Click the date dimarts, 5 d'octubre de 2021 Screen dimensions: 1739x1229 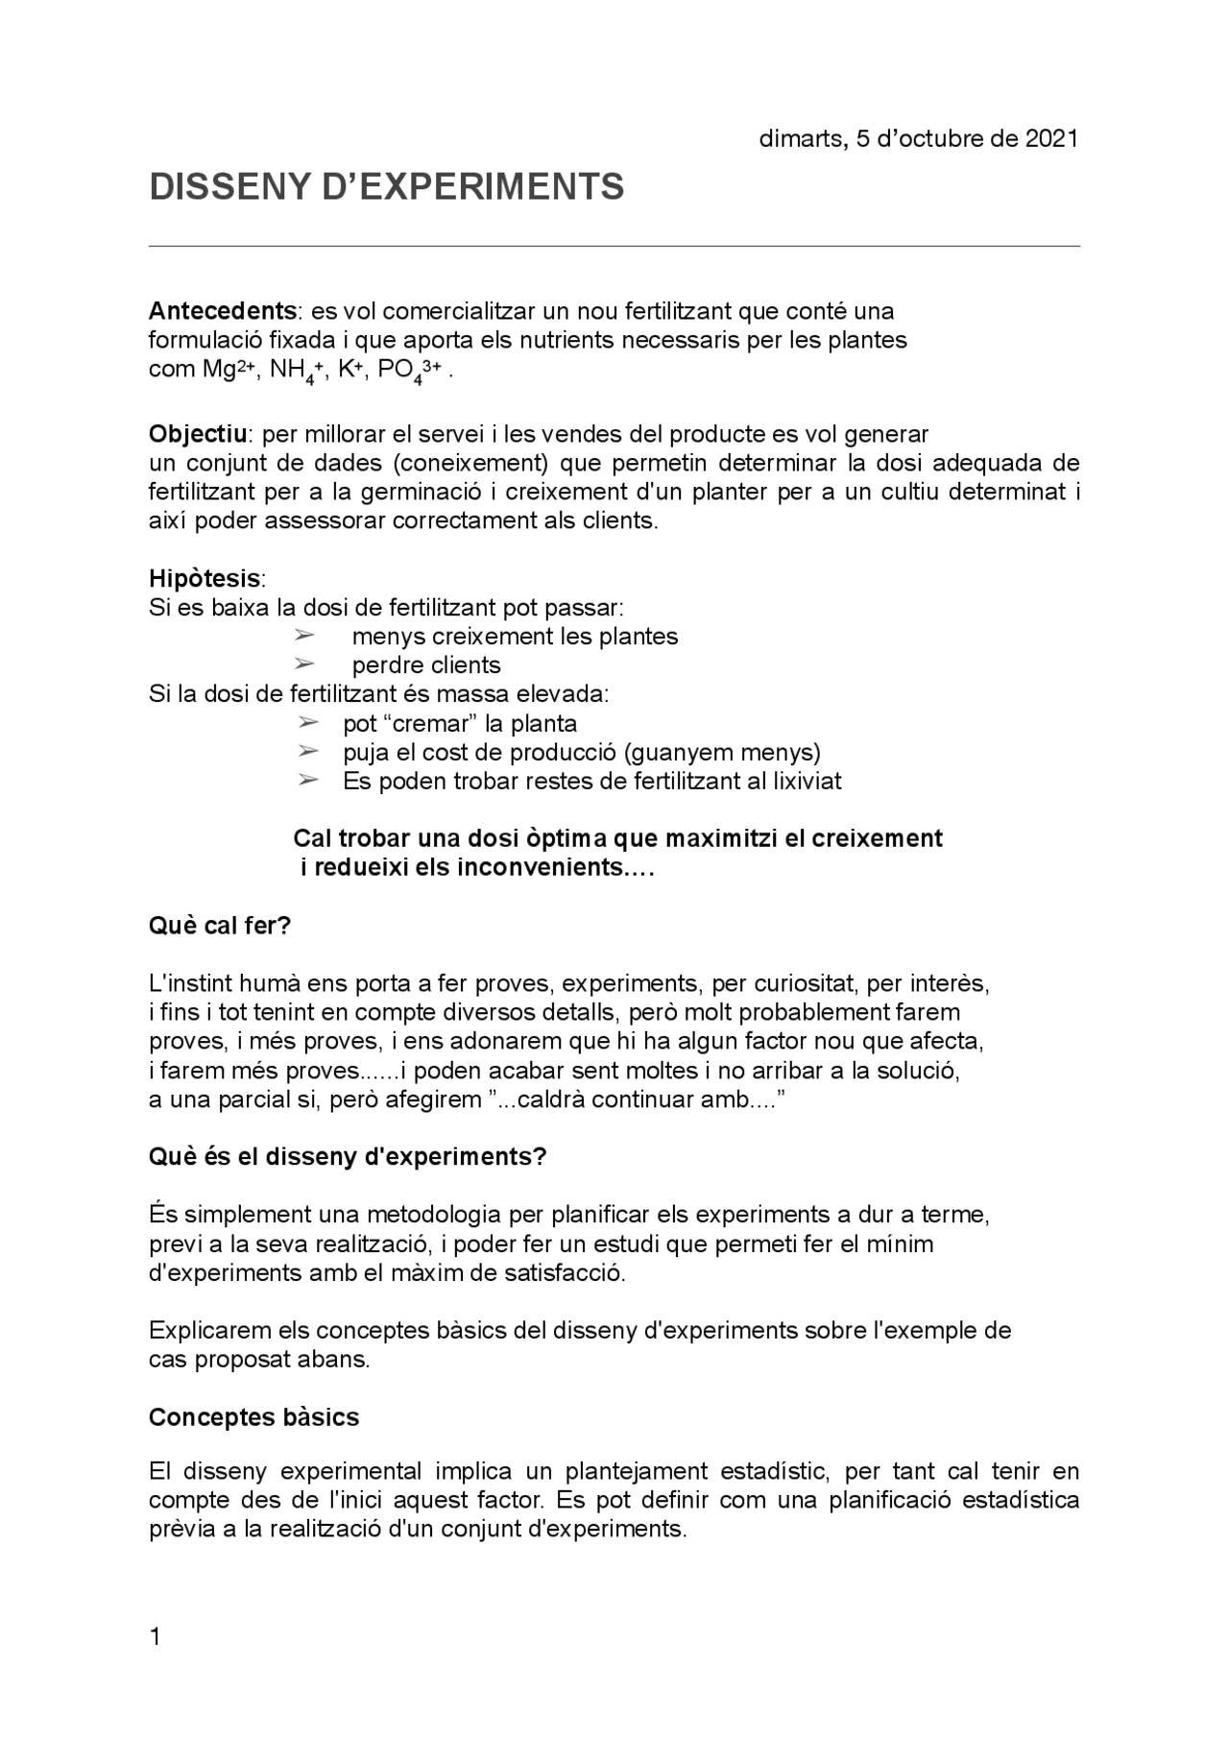[918, 138]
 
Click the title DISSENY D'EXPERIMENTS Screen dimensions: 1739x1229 [386, 186]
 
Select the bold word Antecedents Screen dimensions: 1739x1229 [222, 311]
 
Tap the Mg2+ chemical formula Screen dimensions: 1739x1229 [227, 370]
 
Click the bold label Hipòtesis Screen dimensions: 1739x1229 [205, 579]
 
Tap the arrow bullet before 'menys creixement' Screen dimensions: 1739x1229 [303, 636]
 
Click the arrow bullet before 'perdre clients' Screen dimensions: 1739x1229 [303, 664]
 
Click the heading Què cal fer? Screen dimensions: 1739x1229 [220, 926]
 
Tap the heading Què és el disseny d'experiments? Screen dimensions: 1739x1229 [348, 1157]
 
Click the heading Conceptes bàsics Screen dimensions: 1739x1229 [253, 1417]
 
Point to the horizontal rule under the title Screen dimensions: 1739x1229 [614, 246]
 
